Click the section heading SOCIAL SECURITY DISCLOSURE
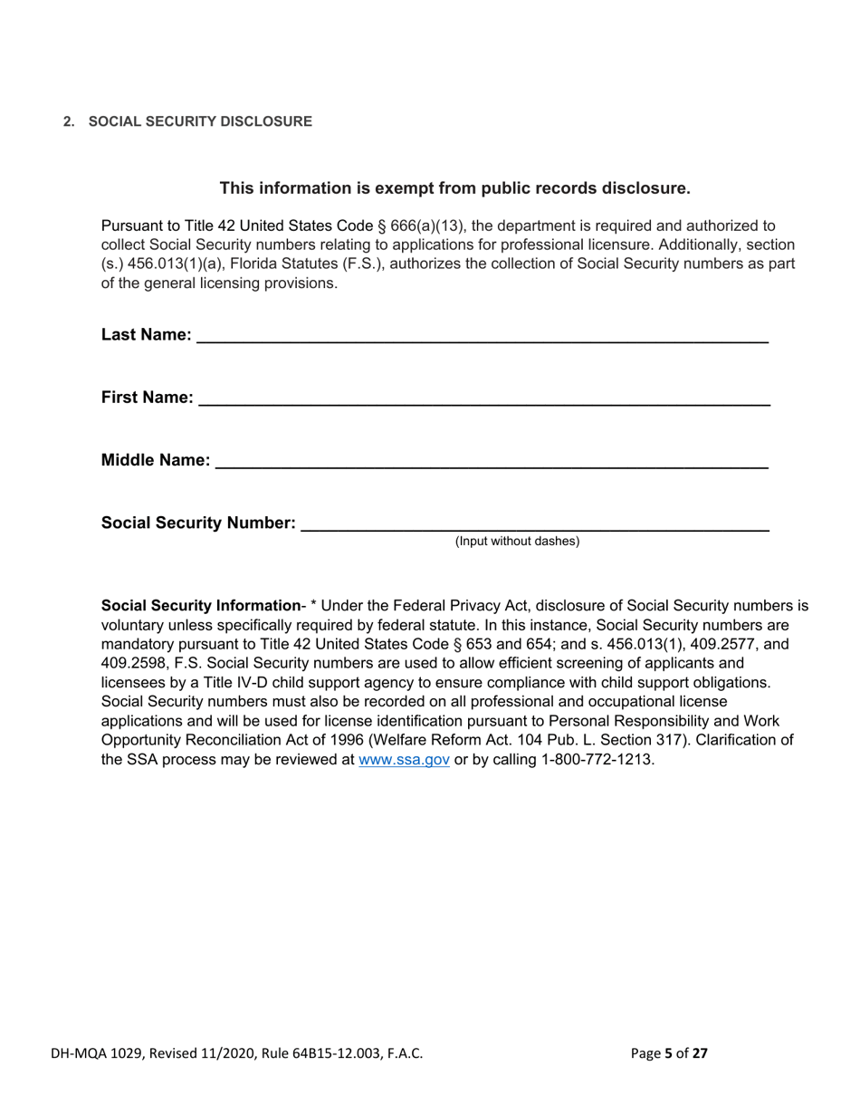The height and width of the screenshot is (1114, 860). [x=199, y=121]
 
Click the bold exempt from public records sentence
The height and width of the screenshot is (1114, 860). [x=455, y=188]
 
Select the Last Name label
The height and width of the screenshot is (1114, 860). [x=146, y=335]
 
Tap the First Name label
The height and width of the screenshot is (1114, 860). [x=147, y=398]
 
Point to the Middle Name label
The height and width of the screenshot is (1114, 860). [x=156, y=460]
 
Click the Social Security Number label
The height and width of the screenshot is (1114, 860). [x=198, y=523]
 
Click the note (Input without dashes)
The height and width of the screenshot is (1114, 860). [x=517, y=542]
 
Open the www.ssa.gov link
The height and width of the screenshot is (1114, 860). [x=405, y=760]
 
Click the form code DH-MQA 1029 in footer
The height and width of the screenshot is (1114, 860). [x=97, y=1052]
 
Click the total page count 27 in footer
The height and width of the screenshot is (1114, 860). [x=699, y=1052]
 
